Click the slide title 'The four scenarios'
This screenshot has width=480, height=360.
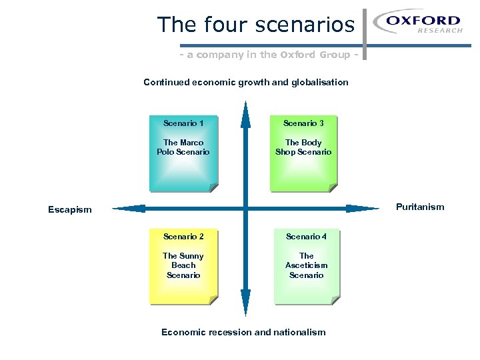coord(256,25)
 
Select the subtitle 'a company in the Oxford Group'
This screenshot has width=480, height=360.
coord(272,55)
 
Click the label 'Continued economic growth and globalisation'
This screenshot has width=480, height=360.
coord(246,82)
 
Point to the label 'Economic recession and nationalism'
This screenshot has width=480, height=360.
coord(243,332)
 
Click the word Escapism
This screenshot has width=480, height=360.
coord(70,209)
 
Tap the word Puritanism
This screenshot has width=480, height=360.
coord(420,207)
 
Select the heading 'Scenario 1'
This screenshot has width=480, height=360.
coord(183,123)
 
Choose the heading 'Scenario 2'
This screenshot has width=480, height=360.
coord(183,236)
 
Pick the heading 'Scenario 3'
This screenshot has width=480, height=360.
coord(303,123)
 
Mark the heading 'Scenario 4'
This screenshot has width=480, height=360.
coord(306,236)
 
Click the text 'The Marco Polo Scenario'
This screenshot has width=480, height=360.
coord(183,147)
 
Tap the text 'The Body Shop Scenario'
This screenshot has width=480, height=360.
coord(303,147)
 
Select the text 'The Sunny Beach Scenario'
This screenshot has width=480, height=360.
coord(183,265)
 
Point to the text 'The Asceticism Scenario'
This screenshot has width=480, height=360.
coord(306,265)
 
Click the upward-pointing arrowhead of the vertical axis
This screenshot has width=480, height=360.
coord(245,113)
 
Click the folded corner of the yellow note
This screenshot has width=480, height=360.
coord(213,300)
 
